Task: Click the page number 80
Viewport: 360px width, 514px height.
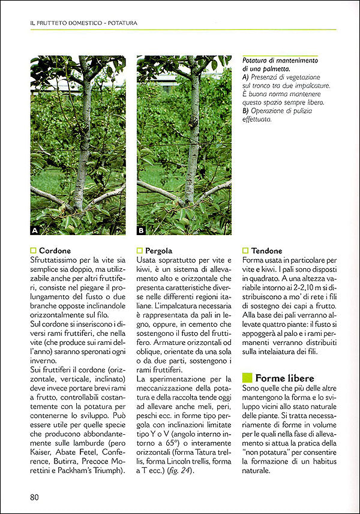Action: click(34, 497)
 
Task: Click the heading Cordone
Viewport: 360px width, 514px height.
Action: click(55, 250)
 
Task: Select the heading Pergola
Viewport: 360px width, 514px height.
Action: click(158, 250)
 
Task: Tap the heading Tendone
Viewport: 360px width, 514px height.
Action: click(267, 250)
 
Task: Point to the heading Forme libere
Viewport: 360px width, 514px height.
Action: click(286, 378)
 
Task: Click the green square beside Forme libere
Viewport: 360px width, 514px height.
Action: click(247, 378)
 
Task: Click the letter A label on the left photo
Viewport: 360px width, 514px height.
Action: click(36, 230)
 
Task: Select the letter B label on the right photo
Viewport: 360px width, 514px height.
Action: click(142, 230)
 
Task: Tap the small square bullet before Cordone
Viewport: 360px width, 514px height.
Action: click(33, 250)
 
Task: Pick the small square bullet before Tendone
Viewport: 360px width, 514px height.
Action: click(245, 250)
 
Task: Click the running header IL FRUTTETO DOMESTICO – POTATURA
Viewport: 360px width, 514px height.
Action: click(84, 23)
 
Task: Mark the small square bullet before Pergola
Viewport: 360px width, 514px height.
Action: click(139, 250)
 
